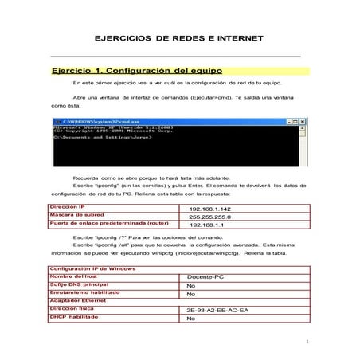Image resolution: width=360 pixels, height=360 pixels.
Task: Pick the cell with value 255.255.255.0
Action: coord(209,216)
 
